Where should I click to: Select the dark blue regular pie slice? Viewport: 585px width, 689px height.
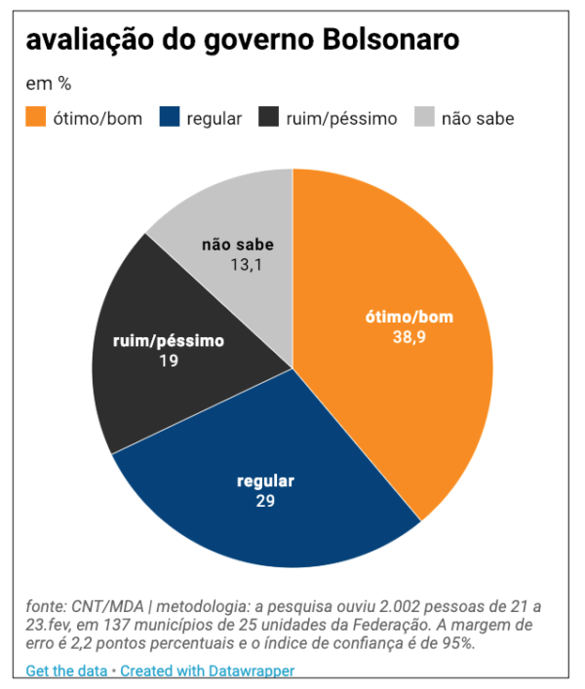263,507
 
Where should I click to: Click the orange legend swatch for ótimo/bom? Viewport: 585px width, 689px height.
36,118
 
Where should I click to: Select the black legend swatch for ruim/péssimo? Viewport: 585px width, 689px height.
269,118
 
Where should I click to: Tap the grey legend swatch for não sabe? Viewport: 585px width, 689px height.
424,118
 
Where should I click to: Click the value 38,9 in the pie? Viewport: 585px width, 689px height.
409,337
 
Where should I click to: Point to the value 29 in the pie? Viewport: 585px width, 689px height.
265,502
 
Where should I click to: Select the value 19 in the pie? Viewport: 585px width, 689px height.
168,361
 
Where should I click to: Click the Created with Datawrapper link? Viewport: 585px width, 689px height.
207,670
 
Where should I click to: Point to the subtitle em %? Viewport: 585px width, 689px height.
49,84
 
